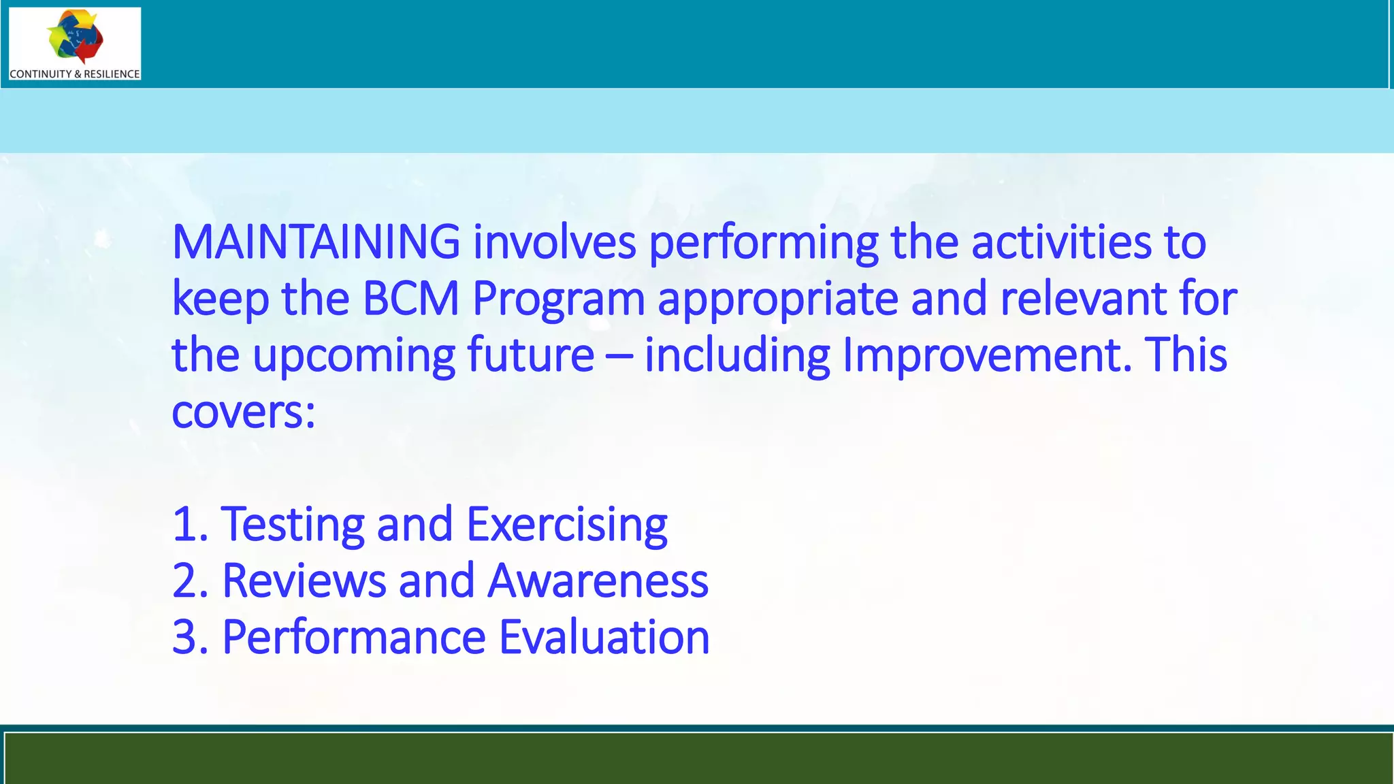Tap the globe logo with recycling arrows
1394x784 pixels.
click(75, 36)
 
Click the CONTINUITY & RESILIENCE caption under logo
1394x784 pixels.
click(75, 73)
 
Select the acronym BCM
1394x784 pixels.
click(410, 299)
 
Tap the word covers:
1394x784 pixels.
click(244, 412)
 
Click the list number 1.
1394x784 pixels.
click(187, 525)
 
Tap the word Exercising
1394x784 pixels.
click(567, 525)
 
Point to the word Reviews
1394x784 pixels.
click(304, 581)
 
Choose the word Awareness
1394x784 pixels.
click(598, 581)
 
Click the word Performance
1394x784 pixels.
click(354, 638)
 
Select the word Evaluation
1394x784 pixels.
click(604, 638)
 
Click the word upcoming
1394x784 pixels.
click(353, 357)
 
